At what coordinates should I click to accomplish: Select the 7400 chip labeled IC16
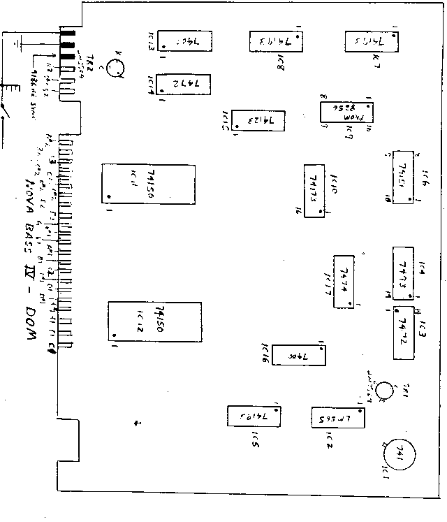(x=296, y=355)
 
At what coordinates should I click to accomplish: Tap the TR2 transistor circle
(x=115, y=68)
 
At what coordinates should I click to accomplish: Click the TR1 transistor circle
(x=384, y=390)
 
